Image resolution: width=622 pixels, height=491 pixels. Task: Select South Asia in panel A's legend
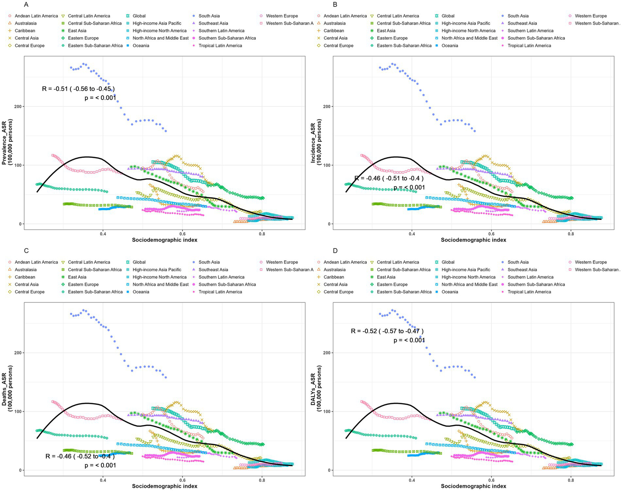(209, 16)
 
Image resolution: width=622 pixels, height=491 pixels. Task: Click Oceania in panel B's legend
(450, 45)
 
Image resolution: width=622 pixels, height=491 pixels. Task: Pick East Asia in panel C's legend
(77, 277)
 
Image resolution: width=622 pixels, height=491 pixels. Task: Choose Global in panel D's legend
(448, 262)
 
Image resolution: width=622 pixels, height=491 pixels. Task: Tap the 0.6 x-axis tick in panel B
(491, 234)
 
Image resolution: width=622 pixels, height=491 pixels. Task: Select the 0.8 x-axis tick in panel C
(262, 480)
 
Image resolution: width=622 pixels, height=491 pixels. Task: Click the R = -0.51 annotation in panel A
(79, 89)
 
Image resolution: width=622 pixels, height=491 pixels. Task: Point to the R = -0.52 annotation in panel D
(387, 331)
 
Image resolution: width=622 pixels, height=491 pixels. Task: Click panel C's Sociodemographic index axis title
(165, 486)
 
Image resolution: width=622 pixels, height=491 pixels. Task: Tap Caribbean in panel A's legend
(25, 31)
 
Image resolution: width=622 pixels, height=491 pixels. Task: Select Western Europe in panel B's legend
(590, 16)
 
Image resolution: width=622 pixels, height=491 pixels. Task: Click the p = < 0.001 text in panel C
(100, 465)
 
